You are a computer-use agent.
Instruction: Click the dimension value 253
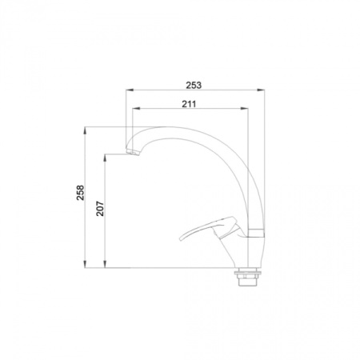(194, 85)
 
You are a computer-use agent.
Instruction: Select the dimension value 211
(189, 104)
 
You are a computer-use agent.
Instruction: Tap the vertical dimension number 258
(80, 193)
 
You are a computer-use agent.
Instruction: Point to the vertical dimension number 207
(100, 208)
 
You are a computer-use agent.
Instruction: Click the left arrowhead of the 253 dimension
(130, 90)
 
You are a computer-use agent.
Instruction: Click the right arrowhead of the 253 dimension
(261, 90)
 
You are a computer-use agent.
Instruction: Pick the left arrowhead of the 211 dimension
(136, 108)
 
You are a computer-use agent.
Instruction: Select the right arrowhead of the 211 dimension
(244, 108)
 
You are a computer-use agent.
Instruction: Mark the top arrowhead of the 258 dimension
(85, 130)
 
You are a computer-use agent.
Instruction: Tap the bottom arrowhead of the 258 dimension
(85, 264)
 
